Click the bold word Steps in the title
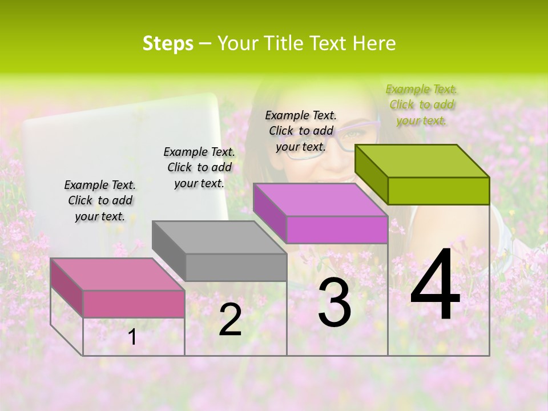168,43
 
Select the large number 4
436,287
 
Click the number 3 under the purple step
335,303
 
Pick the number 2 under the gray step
230,320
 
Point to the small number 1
132,337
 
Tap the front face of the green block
438,191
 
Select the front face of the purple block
337,229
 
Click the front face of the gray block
236,267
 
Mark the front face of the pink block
134,304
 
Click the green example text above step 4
422,104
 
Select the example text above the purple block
301,131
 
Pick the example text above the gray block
199,167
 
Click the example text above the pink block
100,200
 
